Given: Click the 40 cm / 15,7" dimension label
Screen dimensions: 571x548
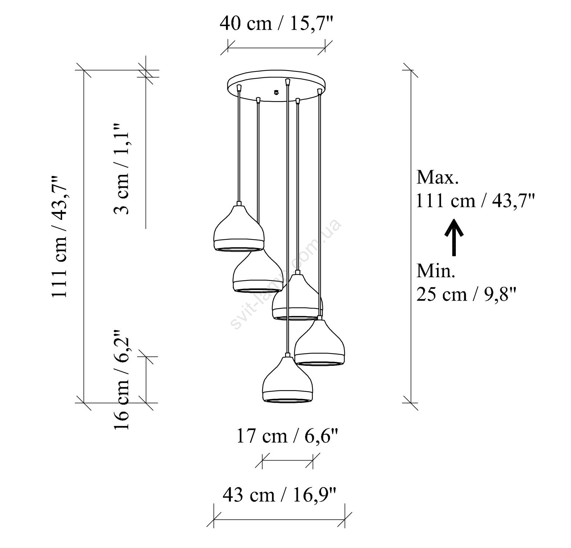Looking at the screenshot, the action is click(276, 24).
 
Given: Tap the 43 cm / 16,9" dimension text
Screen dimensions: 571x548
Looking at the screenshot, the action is click(279, 494).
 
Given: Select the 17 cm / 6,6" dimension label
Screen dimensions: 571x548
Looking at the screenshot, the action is click(288, 436).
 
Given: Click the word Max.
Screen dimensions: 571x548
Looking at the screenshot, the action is click(438, 177).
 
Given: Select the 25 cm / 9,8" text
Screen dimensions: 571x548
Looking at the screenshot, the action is click(467, 294).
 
